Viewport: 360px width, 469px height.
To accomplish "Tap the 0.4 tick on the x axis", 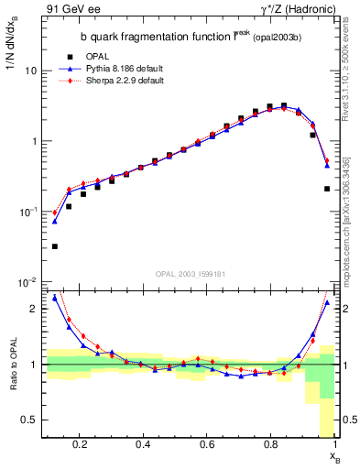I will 143,445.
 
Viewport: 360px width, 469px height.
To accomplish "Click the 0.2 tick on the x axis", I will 80,445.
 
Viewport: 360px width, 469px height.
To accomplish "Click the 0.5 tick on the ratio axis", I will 29,420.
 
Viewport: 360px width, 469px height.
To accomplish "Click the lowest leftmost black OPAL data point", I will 55,246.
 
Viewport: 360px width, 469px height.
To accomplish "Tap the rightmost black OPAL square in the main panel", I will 327,189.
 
